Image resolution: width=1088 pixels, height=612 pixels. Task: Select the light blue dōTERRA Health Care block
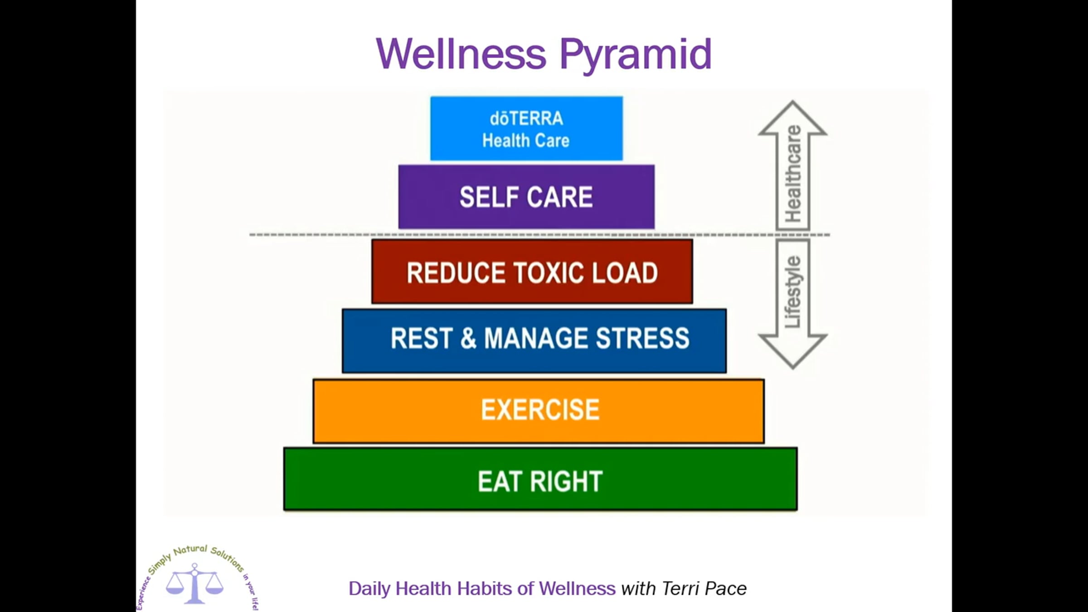tap(526, 128)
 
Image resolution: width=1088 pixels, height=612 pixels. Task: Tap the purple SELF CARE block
tap(526, 197)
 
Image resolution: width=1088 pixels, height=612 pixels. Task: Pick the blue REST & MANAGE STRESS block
tap(534, 341)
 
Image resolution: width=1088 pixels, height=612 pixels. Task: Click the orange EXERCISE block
tap(539, 411)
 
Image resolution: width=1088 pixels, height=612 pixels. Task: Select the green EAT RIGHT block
tap(540, 479)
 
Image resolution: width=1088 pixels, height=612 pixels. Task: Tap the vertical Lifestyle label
tap(793, 291)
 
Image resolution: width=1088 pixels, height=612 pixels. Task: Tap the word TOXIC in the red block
tap(550, 273)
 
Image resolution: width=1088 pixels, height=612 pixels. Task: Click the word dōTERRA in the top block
tap(526, 118)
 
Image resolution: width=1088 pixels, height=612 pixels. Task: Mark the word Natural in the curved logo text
tap(190, 550)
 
